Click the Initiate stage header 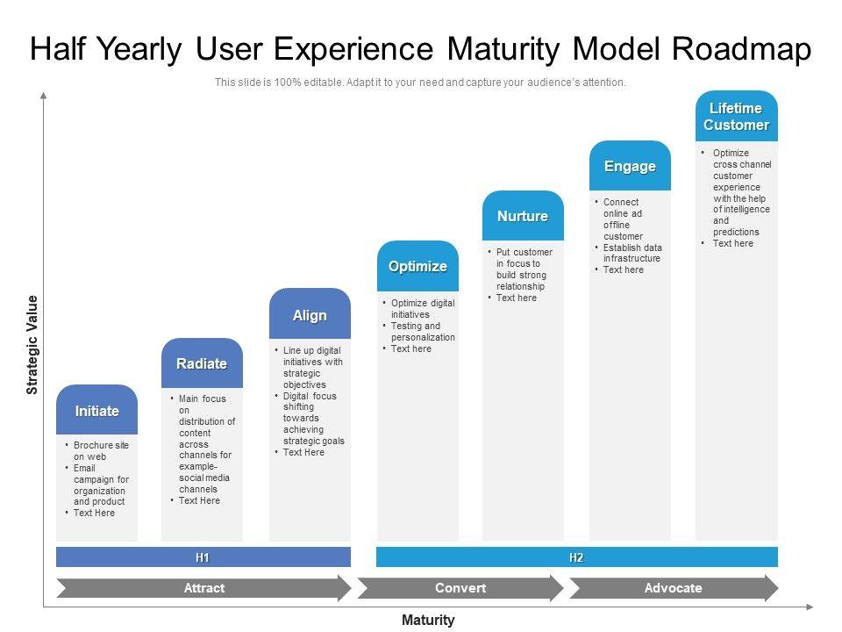coord(96,411)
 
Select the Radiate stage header coord(202,363)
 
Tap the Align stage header coord(310,315)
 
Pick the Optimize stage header coord(417,266)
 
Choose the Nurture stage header coord(523,216)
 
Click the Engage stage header coord(630,166)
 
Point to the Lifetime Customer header coord(736,116)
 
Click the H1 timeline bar coord(203,557)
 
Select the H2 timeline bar coord(576,557)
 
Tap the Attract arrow coord(203,588)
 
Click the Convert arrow coord(460,588)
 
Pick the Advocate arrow coord(673,588)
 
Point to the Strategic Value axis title coord(32,345)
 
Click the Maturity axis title coord(428,620)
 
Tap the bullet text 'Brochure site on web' coord(101,451)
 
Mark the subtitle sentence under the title coord(421,83)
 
